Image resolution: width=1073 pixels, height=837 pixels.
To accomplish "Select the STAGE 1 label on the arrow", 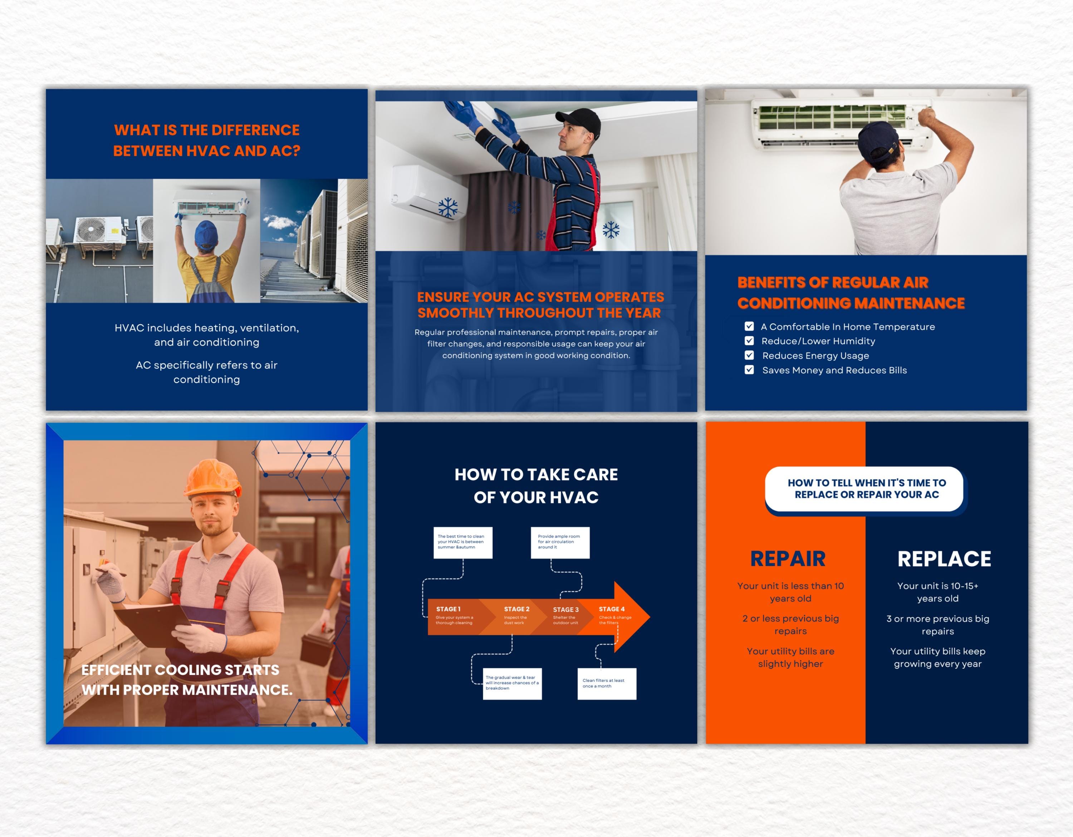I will click(x=448, y=609).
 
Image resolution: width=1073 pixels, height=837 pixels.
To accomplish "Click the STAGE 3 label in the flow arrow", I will click(x=565, y=610).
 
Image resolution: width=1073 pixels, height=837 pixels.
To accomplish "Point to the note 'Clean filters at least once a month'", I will click(x=606, y=683).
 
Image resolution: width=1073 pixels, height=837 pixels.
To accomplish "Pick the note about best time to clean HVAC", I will click(x=462, y=542).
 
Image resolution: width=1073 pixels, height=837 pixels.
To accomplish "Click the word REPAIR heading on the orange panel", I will click(x=788, y=559).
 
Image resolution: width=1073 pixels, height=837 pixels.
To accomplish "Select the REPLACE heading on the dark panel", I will click(x=944, y=559).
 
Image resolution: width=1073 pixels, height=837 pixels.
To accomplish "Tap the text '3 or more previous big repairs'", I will click(x=937, y=625).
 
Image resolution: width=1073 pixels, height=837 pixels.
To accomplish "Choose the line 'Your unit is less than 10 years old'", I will click(x=790, y=592).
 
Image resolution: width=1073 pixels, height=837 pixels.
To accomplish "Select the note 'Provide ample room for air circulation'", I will click(x=560, y=542).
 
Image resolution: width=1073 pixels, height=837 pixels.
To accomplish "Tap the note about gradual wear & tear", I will click(x=512, y=683).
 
